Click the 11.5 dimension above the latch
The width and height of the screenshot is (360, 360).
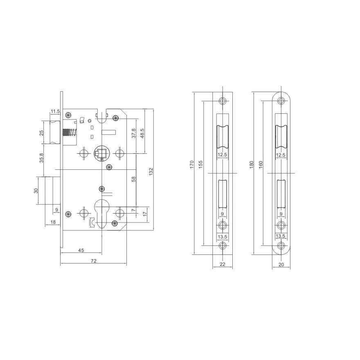pyautogui.click(x=55, y=111)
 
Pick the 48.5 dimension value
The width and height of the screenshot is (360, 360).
pyautogui.click(x=142, y=133)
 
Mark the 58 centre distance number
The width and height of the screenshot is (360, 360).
pyautogui.click(x=134, y=179)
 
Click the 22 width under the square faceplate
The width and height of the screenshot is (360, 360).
pyautogui.click(x=223, y=265)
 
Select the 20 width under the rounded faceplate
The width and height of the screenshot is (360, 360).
pyautogui.click(x=281, y=265)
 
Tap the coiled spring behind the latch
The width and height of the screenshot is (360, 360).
pyautogui.click(x=69, y=134)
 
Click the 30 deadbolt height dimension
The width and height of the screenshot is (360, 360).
pyautogui.click(x=36, y=191)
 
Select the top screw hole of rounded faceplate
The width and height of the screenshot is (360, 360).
pyautogui.click(x=281, y=101)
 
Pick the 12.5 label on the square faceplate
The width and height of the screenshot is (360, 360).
pyautogui.click(x=223, y=155)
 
